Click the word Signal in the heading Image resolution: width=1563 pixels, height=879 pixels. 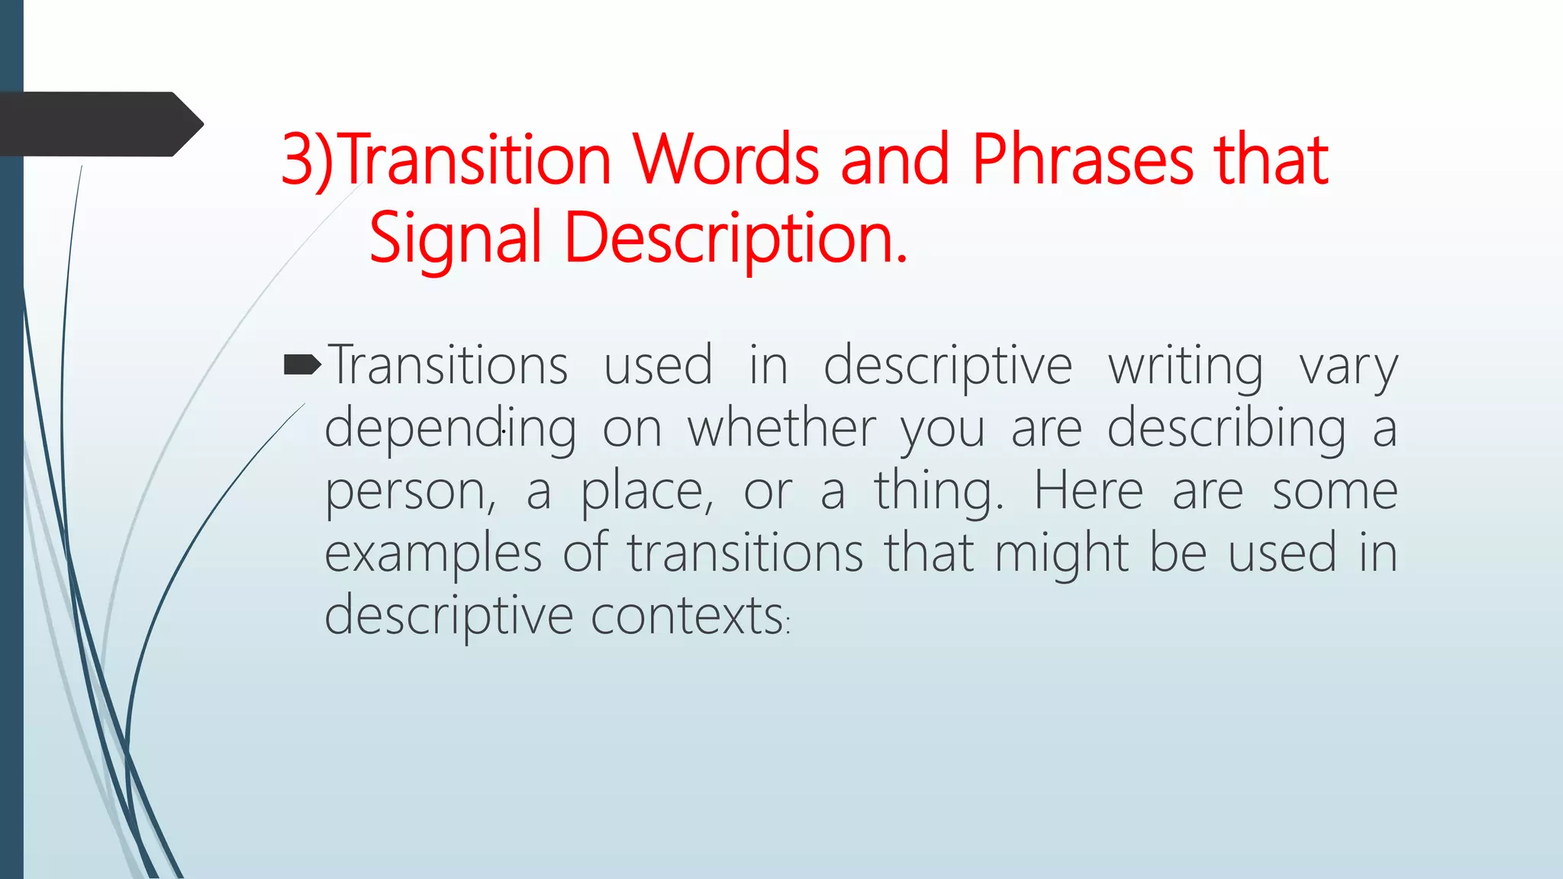point(455,238)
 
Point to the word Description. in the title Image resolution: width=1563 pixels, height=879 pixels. point(736,238)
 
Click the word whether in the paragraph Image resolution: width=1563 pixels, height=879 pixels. point(781,428)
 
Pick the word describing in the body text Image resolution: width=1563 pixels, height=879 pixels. point(1226,428)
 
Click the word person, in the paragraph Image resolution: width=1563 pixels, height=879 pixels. point(411,491)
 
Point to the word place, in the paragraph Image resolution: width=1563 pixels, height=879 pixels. point(647,491)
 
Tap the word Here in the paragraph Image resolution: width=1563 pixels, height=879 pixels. point(1088,491)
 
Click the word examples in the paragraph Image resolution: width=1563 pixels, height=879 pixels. point(433,553)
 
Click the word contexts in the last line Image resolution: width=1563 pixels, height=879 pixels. point(688,615)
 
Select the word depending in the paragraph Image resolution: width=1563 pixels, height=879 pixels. point(450,428)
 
